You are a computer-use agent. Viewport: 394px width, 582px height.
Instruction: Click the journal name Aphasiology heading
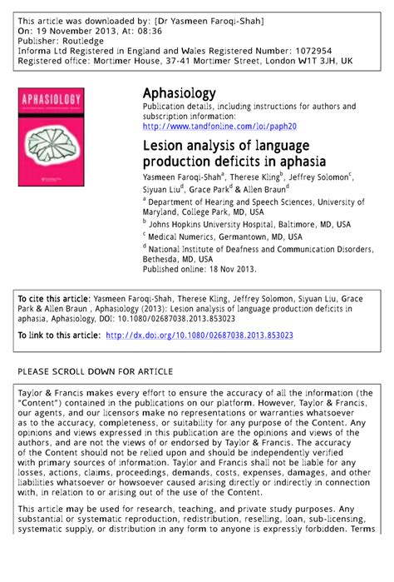point(179,93)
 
